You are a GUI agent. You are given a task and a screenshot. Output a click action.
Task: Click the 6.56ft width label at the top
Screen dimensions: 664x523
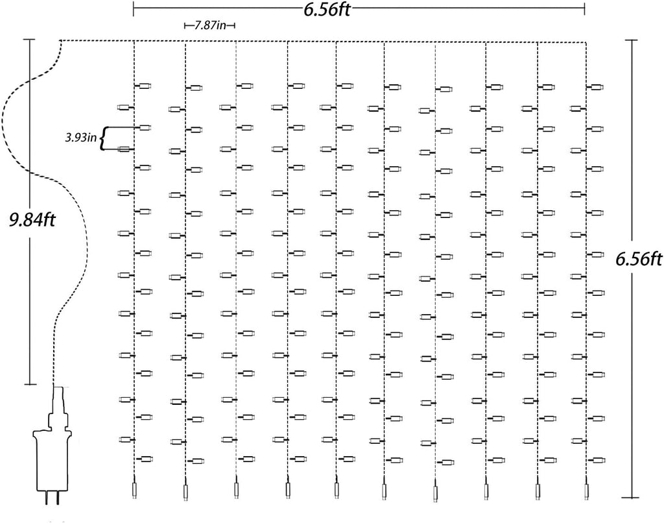click(x=327, y=8)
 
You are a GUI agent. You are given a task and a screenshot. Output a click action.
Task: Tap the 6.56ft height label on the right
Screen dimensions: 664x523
click(x=639, y=258)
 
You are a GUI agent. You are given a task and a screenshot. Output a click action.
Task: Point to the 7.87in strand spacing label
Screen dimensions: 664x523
click(x=210, y=26)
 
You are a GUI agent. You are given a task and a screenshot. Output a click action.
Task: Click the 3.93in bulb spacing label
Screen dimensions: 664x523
click(x=80, y=138)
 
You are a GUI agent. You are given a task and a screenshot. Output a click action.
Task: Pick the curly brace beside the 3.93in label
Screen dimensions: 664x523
click(x=103, y=138)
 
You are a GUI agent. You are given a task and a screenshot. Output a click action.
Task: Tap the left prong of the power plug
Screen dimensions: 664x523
click(x=46, y=498)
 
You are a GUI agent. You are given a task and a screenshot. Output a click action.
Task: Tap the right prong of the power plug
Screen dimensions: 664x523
click(x=57, y=498)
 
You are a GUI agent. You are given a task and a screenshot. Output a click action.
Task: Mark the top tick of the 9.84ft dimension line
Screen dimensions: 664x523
click(x=29, y=40)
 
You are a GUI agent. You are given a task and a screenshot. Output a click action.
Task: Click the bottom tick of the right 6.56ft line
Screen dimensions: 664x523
click(x=632, y=498)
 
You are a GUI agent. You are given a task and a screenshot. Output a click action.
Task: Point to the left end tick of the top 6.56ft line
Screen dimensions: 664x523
click(x=134, y=8)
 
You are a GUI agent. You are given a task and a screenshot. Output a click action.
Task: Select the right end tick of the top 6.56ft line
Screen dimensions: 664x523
click(x=584, y=8)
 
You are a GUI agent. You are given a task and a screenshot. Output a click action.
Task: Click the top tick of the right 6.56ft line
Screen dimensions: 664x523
click(x=632, y=40)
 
